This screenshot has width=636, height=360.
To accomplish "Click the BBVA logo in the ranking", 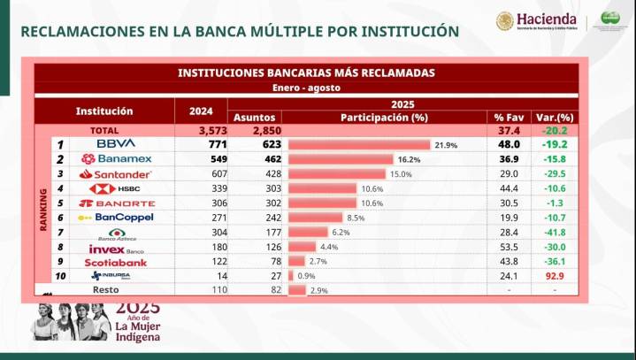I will [x=116, y=143].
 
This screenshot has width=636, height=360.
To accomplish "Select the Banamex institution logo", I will [x=116, y=158].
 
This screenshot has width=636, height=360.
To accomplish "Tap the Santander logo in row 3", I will [x=116, y=173].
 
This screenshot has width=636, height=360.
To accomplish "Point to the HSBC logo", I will [x=116, y=188].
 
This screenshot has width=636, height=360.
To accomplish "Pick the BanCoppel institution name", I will [x=116, y=217].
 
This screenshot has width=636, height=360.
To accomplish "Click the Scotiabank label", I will [x=116, y=263].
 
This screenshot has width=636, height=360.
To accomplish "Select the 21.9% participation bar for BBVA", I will [x=359, y=143].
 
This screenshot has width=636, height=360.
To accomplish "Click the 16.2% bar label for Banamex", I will [x=409, y=159].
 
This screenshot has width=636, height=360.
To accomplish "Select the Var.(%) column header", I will [x=556, y=117].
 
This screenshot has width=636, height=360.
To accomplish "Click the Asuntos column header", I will [x=255, y=117].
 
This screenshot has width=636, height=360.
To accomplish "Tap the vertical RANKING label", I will [x=43, y=210].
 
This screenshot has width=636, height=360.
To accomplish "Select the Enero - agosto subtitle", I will [x=305, y=88].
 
